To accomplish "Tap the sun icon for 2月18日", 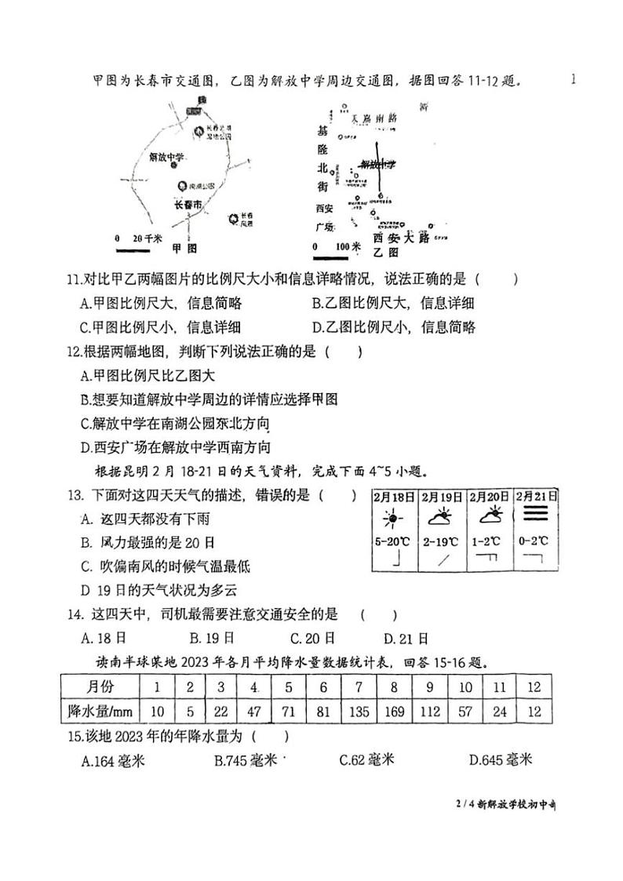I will [392, 519].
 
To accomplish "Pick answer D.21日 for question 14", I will [406, 638].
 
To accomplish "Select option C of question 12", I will [176, 424].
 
